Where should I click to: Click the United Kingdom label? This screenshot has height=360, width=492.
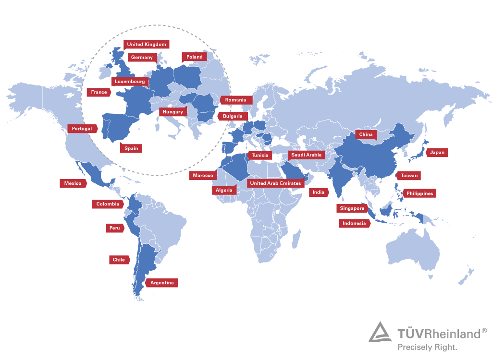[147, 45]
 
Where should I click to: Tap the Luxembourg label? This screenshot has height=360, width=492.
[130, 82]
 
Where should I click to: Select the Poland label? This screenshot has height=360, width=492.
[195, 57]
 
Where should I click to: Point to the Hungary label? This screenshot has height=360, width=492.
[172, 112]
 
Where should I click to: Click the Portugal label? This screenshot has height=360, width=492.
[82, 129]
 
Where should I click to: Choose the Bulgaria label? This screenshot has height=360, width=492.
[233, 116]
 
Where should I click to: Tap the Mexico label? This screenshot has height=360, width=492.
[73, 183]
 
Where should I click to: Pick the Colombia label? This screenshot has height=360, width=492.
[108, 204]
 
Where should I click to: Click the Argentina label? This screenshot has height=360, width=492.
[162, 283]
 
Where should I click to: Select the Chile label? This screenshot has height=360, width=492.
[119, 260]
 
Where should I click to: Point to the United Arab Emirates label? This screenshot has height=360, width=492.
[276, 183]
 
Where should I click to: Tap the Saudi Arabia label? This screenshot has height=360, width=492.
[306, 155]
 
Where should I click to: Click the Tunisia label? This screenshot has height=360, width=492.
[260, 155]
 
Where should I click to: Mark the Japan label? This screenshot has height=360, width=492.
[437, 153]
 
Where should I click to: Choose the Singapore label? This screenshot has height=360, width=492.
[352, 208]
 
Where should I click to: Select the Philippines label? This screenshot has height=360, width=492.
[419, 193]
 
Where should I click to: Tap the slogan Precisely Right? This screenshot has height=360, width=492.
[427, 346]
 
